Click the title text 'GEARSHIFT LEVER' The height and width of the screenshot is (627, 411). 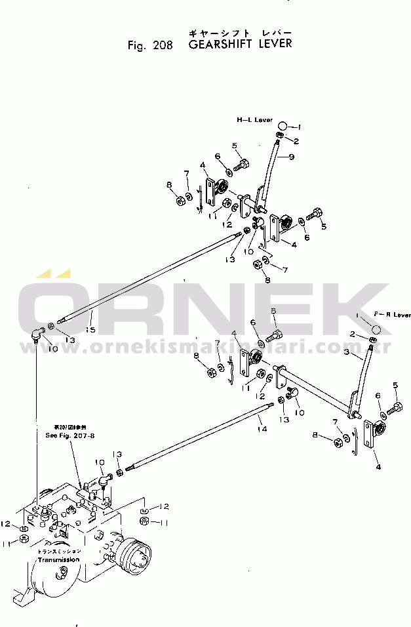click(240, 45)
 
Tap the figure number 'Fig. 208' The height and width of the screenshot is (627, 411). click(151, 46)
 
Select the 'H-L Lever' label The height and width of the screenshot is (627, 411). click(255, 120)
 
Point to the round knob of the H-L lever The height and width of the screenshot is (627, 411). click(283, 125)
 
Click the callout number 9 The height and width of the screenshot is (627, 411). click(291, 156)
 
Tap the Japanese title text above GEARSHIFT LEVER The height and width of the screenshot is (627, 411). click(239, 32)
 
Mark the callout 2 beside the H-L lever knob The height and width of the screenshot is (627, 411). click(296, 140)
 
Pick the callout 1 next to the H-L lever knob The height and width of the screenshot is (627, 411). click(298, 127)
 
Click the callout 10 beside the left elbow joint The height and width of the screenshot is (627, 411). click(52, 349)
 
